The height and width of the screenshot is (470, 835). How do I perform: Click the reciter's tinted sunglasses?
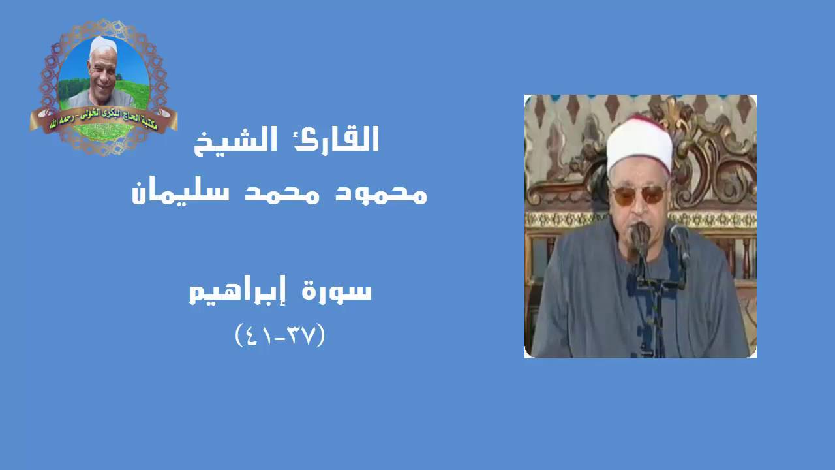point(638,195)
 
